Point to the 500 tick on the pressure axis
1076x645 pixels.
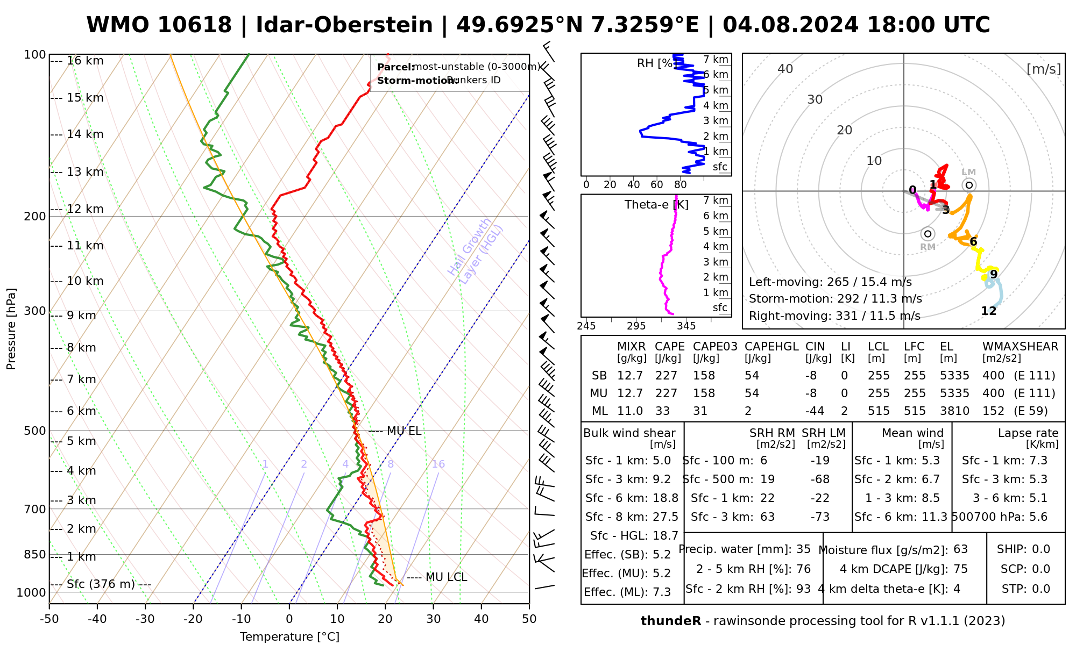[x=36, y=431]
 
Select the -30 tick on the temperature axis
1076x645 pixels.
[x=145, y=619]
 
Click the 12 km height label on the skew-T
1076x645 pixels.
[x=85, y=209]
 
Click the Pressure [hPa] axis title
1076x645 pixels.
[x=11, y=329]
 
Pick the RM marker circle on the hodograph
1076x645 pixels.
[x=928, y=234]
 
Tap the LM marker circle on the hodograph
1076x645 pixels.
[x=969, y=185]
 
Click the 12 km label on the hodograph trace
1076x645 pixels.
[x=989, y=311]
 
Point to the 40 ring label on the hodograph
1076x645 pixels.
[x=785, y=69]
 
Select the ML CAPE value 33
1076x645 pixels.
[x=662, y=411]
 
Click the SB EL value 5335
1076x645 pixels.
[x=954, y=376]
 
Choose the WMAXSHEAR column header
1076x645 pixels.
[x=1020, y=347]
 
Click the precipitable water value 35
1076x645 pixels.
[x=803, y=549]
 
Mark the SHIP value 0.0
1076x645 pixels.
[x=1041, y=549]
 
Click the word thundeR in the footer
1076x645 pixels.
[x=670, y=621]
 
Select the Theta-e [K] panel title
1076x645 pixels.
[x=656, y=205]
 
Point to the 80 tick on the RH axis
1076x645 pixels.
[x=681, y=185]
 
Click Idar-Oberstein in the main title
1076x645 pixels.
[x=344, y=25]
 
